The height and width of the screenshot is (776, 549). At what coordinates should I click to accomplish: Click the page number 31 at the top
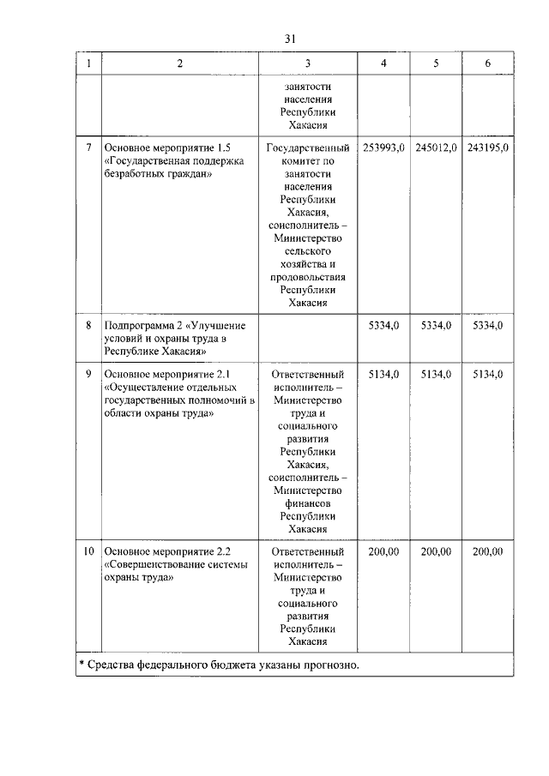pos(289,39)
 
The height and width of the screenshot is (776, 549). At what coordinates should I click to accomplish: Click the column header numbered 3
pos(308,63)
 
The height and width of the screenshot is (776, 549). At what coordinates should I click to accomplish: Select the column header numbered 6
pos(488,63)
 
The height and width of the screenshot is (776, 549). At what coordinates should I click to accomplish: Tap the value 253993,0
pos(384,147)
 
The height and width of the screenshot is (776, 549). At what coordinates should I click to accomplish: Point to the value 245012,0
pos(437,147)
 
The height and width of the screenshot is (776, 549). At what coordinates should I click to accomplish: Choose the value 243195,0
pos(488,147)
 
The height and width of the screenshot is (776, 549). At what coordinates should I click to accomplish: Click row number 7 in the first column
pos(88,147)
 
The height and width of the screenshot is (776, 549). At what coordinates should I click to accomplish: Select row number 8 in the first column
pos(88,326)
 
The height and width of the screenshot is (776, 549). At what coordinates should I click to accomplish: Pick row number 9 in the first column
pos(88,375)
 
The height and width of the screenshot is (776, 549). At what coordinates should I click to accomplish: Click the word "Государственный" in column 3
pos(308,147)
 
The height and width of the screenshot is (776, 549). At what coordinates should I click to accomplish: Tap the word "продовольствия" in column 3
pos(308,277)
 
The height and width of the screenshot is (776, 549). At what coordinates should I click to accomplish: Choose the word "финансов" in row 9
pos(308,503)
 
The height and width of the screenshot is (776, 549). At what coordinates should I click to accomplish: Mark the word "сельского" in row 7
pos(308,251)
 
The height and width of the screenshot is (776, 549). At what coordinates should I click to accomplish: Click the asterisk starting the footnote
pos(81,665)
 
